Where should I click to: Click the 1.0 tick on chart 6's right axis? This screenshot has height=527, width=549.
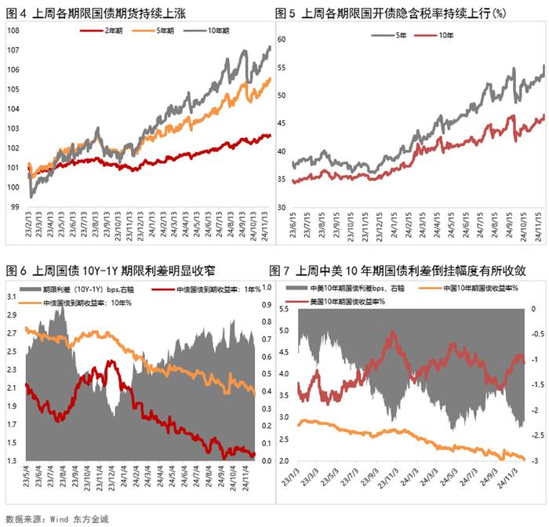coord(266,287)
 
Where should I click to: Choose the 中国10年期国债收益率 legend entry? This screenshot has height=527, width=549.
coord(486,289)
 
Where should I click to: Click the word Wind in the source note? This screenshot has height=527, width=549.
coord(63,518)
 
